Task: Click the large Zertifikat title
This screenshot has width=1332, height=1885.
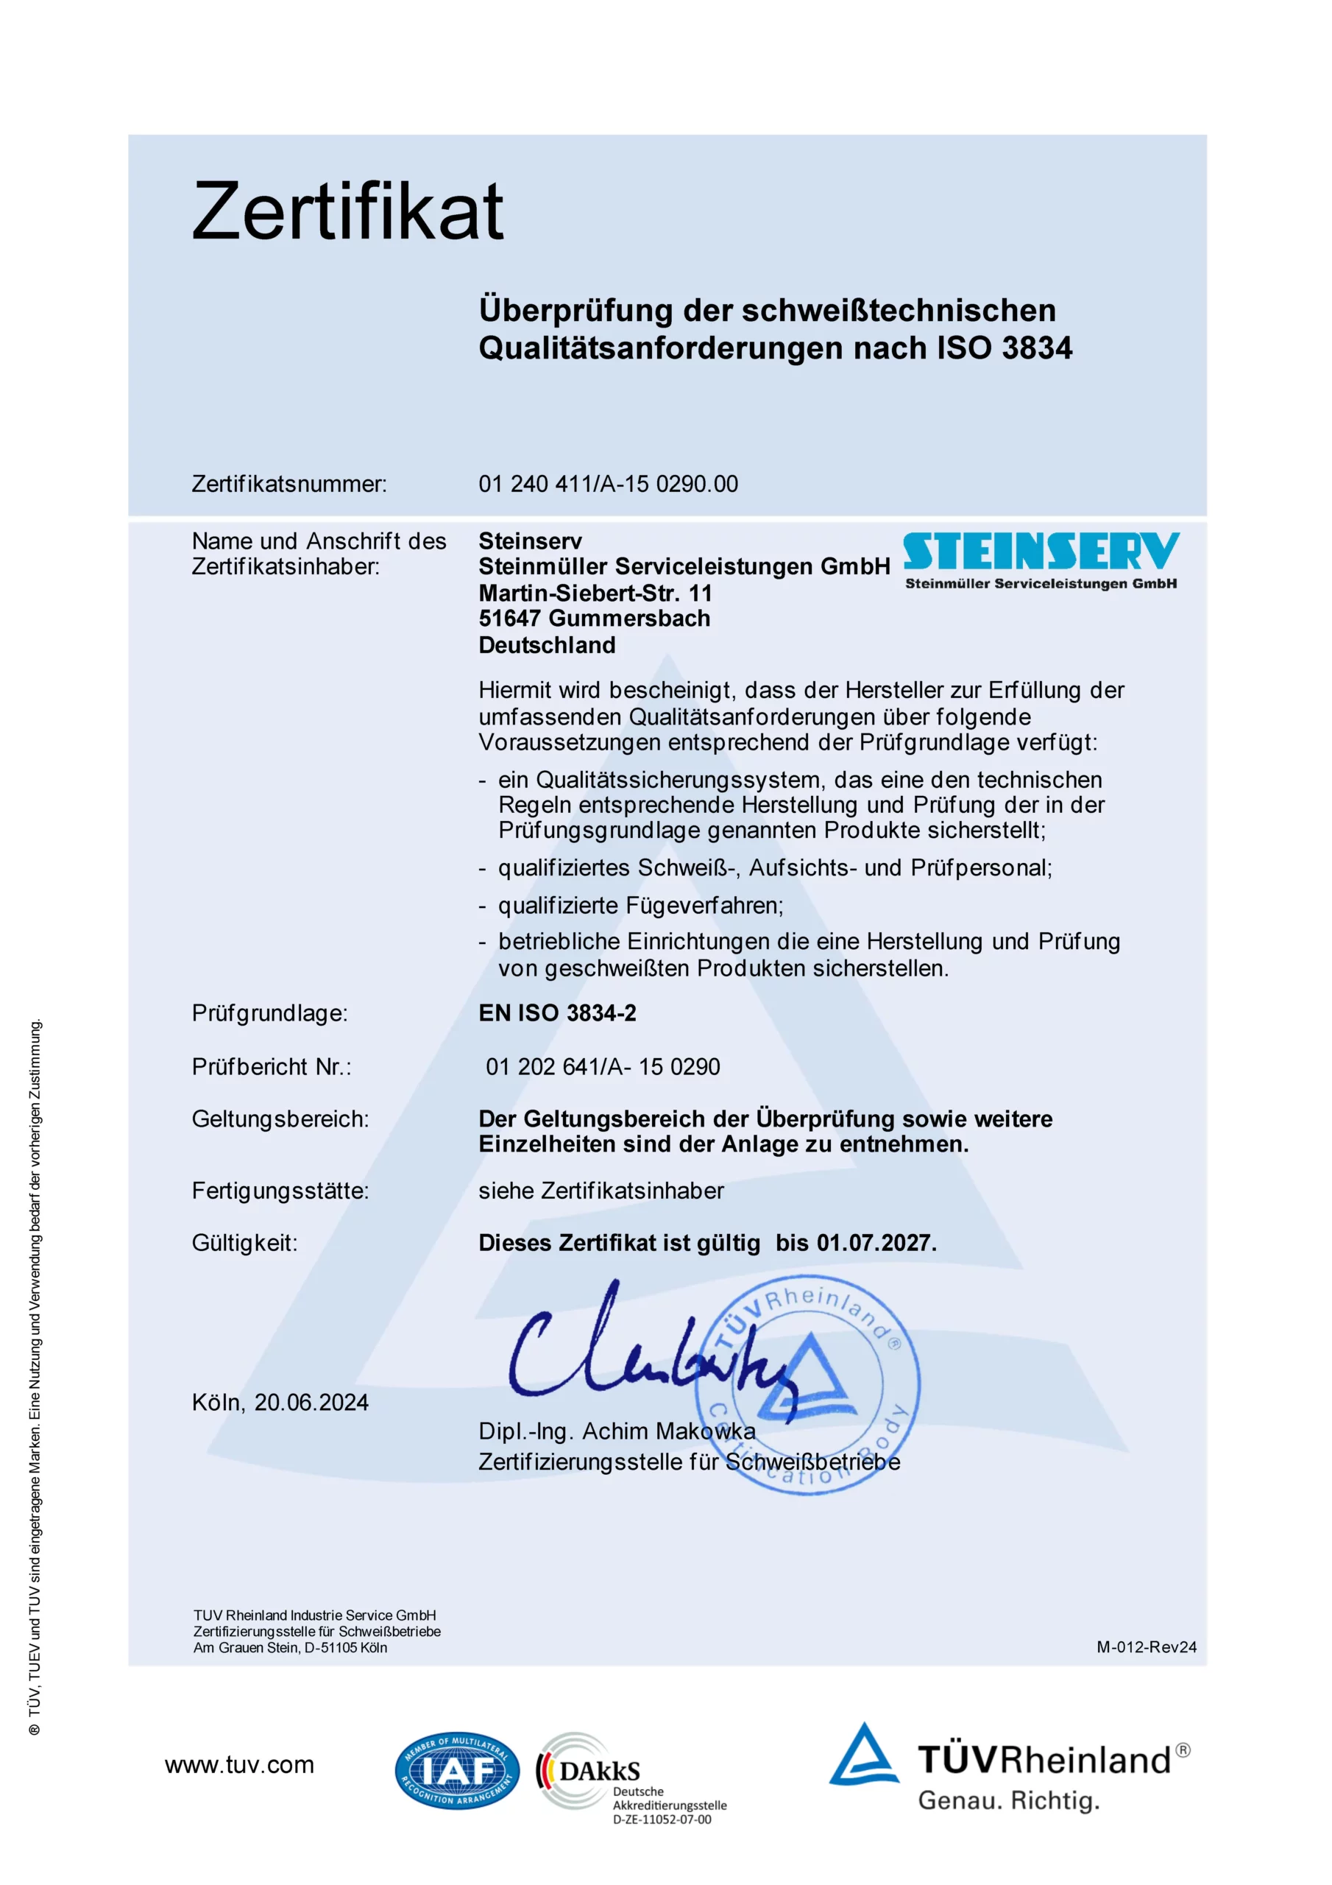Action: [x=347, y=211]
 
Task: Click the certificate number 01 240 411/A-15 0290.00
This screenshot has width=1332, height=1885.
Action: [x=608, y=484]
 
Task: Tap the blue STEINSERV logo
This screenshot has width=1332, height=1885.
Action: [x=1041, y=552]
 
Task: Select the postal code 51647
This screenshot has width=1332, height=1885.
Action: [x=510, y=619]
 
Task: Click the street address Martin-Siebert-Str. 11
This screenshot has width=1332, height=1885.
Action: [x=595, y=593]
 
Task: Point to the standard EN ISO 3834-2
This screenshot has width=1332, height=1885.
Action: [x=557, y=1013]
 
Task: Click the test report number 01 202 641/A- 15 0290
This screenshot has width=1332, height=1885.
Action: [x=603, y=1066]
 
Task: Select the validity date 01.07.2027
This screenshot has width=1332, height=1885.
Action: [x=875, y=1243]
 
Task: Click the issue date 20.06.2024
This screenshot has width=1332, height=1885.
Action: [x=311, y=1402]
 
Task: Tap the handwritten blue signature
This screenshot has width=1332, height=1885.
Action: [x=648, y=1355]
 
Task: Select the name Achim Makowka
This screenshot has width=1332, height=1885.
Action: [x=669, y=1431]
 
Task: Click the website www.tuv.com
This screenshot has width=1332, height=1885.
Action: [x=239, y=1765]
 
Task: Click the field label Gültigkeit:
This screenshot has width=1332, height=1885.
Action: [x=244, y=1243]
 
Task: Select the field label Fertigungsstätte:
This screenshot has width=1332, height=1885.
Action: [x=280, y=1191]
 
